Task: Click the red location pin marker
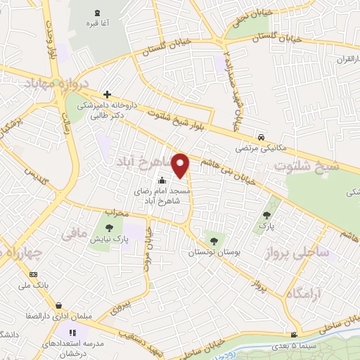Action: pos(181,165)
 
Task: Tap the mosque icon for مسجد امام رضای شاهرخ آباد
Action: pos(163,179)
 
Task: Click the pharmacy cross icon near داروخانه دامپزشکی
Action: pos(107,94)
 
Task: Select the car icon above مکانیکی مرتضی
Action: pos(261,136)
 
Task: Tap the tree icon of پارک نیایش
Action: pos(108,228)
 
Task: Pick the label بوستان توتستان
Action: pos(212,252)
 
